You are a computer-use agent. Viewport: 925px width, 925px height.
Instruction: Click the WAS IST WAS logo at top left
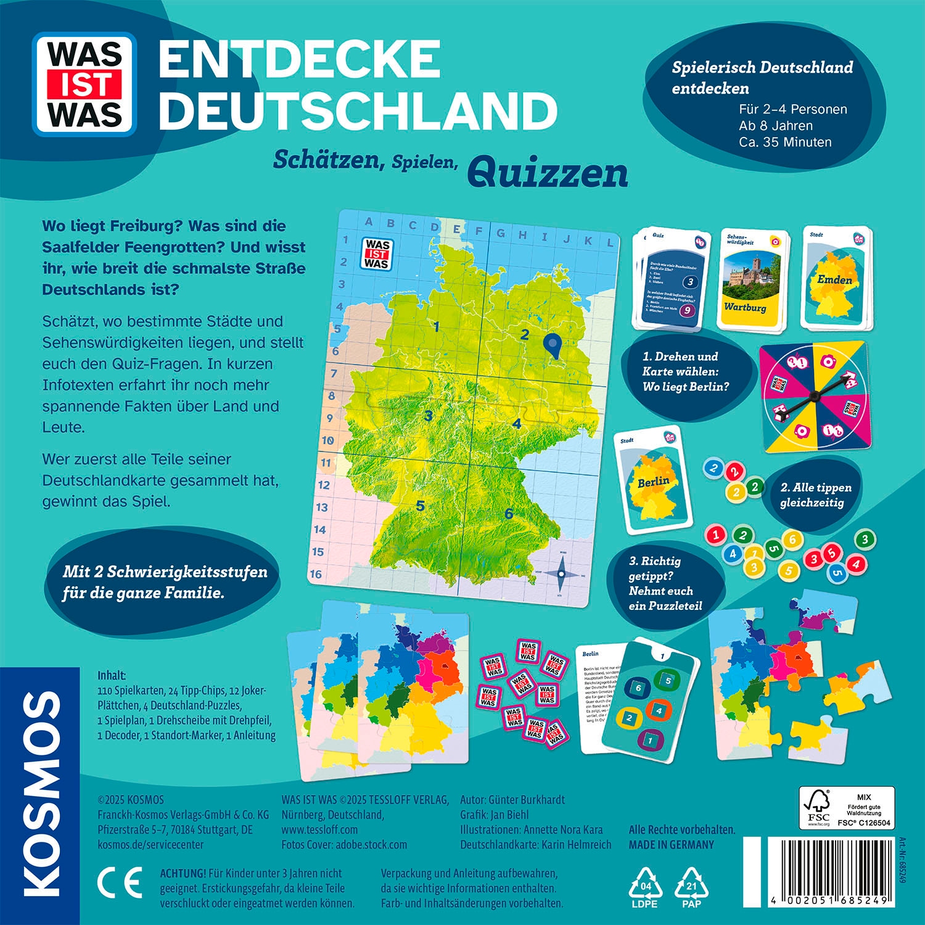coord(84,84)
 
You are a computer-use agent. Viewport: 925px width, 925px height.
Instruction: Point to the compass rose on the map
coord(561,574)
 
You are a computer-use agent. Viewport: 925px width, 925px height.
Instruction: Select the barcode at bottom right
coord(829,869)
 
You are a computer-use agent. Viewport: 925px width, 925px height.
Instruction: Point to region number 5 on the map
coord(420,506)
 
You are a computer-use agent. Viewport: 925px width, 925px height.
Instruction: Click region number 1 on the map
coord(436,327)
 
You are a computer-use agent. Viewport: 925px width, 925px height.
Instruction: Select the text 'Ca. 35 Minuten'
coord(785,142)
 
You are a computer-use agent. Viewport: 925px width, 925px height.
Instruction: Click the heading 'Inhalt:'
coord(112,675)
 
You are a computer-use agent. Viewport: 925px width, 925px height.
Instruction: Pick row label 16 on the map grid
coord(316,574)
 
